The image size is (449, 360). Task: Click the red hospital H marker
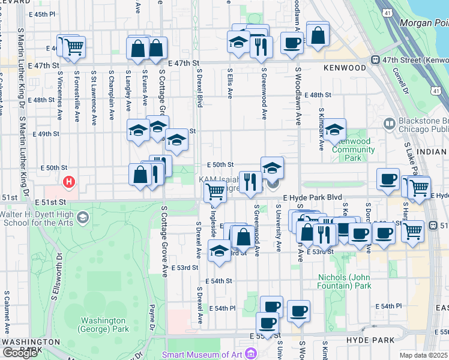pyautogui.click(x=70, y=181)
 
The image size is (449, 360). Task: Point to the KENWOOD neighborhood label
pyautogui.click(x=345, y=68)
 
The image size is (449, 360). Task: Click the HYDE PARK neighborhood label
pyautogui.click(x=370, y=340)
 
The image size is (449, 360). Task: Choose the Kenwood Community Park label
pyautogui.click(x=353, y=149)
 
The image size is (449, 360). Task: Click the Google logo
pyautogui.click(x=20, y=353)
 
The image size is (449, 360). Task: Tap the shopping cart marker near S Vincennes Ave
pyautogui.click(x=74, y=46)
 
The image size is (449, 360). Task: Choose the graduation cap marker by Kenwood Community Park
pyautogui.click(x=335, y=129)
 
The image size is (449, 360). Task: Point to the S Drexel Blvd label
pyautogui.click(x=199, y=87)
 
